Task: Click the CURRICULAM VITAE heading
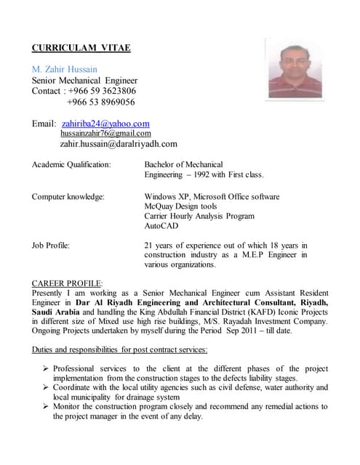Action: click(x=81, y=48)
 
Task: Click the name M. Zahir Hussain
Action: click(x=70, y=69)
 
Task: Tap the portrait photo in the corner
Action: click(x=295, y=68)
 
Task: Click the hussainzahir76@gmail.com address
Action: click(x=105, y=134)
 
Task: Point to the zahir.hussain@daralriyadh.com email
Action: click(x=119, y=144)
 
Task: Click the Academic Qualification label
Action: click(x=71, y=164)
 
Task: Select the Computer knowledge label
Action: click(x=68, y=196)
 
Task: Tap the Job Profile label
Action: click(x=51, y=245)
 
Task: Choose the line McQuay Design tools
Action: click(x=180, y=206)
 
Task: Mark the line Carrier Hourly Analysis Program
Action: click(x=199, y=217)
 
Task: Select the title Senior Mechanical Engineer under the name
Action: click(x=84, y=80)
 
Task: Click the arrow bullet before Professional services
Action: click(x=45, y=368)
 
